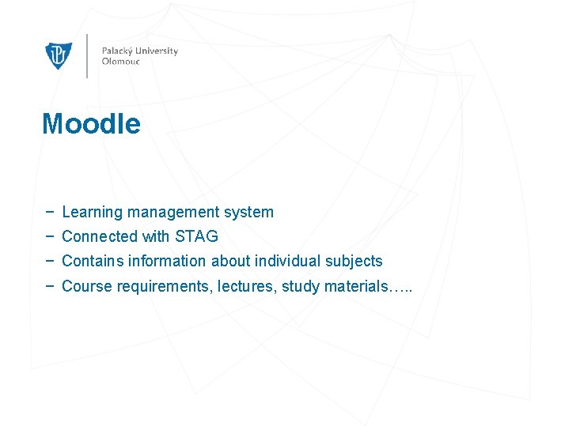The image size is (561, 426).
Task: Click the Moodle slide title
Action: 91,124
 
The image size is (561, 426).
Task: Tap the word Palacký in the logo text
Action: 117,51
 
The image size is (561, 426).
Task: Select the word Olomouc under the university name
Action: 120,62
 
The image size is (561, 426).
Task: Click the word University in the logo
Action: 157,51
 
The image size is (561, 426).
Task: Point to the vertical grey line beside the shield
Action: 87,55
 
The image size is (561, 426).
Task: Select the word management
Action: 175,212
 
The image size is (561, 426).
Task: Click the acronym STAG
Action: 196,236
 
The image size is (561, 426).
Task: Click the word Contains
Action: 90,261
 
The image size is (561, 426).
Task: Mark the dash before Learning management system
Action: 50,212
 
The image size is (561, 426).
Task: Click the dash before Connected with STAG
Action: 50,236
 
